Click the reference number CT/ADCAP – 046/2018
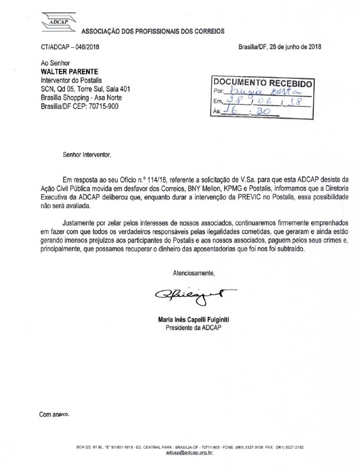[70, 46]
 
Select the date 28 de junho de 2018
[295, 46]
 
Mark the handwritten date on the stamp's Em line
[263, 101]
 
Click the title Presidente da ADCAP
[194, 327]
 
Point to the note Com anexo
[54, 414]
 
